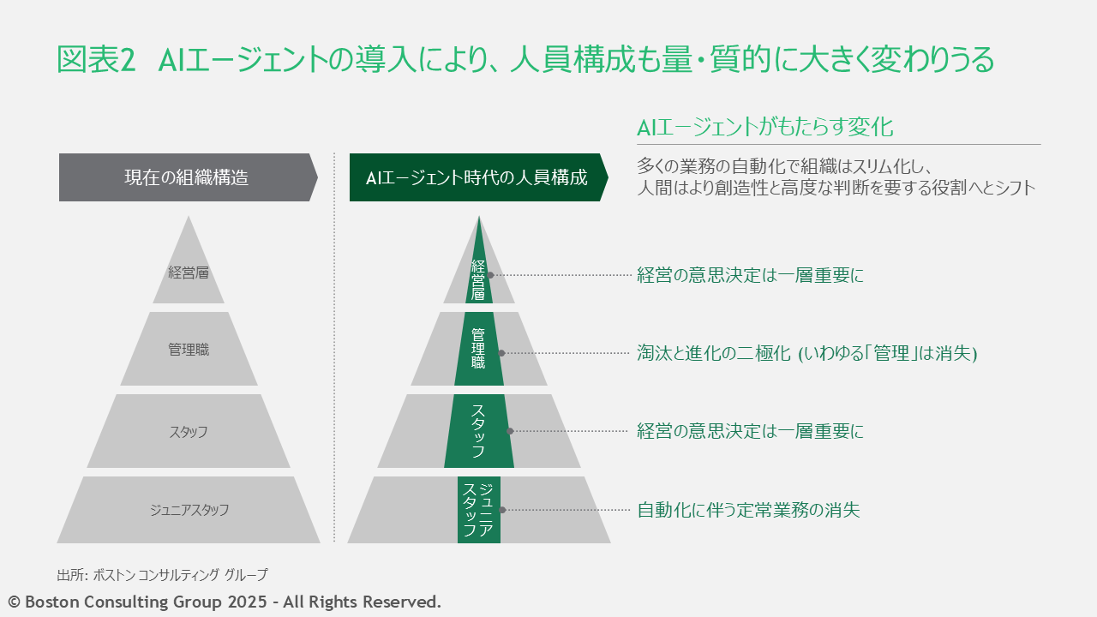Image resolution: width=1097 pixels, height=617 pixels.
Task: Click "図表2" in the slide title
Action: [96, 60]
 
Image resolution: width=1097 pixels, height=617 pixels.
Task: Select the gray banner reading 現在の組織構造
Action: [186, 177]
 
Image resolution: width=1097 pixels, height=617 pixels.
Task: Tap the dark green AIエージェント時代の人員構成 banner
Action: [477, 177]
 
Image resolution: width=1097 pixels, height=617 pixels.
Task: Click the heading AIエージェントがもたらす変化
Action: [764, 128]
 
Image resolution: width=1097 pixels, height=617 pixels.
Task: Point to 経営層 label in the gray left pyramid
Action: [189, 273]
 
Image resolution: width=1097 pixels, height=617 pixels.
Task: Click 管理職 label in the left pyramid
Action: [189, 350]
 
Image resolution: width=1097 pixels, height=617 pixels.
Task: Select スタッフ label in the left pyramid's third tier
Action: [189, 432]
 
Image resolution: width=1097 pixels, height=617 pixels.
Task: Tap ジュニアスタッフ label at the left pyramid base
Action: [189, 510]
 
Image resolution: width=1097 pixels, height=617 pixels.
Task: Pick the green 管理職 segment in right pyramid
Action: [478, 349]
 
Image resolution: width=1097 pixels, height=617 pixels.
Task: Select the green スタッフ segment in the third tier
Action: [478, 431]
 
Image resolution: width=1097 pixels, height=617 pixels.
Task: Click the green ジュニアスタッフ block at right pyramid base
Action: [477, 510]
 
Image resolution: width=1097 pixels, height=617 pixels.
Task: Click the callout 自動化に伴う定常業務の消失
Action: [748, 511]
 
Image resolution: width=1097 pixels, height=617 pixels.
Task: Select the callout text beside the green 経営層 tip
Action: [750, 276]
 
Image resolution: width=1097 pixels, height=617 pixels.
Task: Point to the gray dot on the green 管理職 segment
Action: [501, 353]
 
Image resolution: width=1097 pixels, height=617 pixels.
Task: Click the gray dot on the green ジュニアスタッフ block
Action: [502, 510]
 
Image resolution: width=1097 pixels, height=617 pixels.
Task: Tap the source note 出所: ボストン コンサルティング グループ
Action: [163, 574]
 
